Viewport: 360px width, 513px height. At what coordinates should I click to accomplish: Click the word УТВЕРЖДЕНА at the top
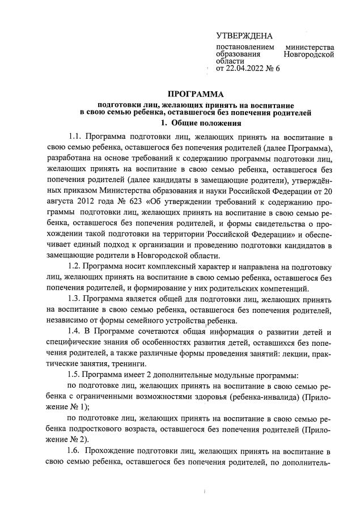pos(244,36)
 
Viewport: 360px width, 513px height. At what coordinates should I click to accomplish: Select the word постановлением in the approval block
pos(245,47)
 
